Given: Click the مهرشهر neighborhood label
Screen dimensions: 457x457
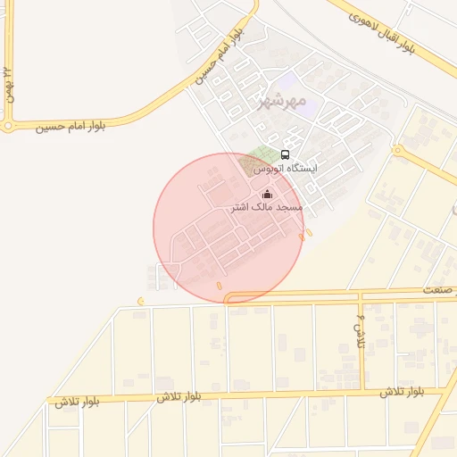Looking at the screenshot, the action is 283,101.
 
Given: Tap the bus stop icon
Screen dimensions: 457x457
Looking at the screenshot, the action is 285,154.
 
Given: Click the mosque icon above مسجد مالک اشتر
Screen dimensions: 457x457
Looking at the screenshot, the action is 266,195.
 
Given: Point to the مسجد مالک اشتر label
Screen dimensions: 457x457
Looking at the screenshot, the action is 267,207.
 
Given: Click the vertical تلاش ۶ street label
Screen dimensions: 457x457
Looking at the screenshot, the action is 361,331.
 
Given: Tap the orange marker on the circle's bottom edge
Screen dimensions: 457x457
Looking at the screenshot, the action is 220,286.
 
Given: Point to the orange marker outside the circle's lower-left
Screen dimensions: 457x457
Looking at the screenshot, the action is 141,301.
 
